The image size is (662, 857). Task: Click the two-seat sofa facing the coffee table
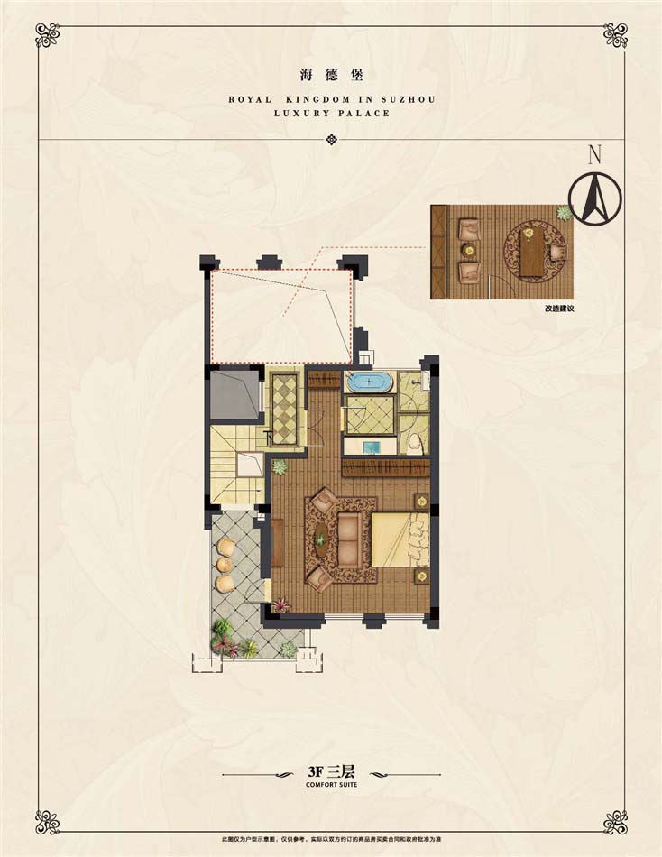pos(351,539)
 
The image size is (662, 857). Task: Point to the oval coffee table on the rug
pos(320,539)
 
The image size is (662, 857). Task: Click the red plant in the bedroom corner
pos(282,605)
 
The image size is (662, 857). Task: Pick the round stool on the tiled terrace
pos(223,564)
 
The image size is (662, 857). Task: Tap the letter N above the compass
pos(594,154)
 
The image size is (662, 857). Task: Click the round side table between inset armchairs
pos(468,250)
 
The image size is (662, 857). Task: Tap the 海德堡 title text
pos(332,75)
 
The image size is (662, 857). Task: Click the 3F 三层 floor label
pos(332,772)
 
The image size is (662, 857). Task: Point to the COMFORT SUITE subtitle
pos(332,785)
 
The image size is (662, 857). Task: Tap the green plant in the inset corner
pos(564,213)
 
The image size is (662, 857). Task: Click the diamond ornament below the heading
pos(332,139)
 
